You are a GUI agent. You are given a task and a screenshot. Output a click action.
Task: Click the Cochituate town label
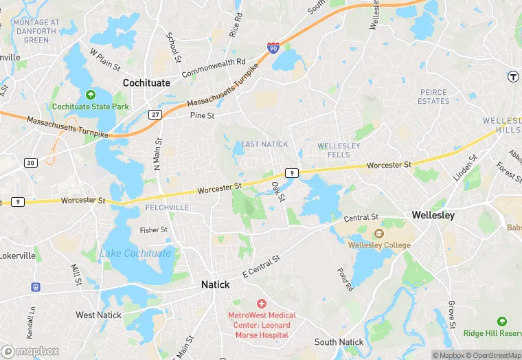point(146,82)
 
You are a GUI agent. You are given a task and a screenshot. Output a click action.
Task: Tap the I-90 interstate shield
point(273,48)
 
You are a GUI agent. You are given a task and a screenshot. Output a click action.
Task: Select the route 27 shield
point(156,114)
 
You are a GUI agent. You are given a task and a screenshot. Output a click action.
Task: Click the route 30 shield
point(31,162)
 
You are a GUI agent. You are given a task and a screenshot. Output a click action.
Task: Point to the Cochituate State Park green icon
point(90,95)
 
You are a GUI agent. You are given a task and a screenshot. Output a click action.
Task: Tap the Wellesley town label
point(433,215)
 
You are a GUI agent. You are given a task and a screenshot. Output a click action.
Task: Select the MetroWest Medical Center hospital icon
point(261,303)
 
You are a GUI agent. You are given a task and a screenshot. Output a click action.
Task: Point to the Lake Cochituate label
point(135,254)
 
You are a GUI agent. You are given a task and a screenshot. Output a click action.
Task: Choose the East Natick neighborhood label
point(264,144)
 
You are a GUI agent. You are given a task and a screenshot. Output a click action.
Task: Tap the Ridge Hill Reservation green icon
point(502,322)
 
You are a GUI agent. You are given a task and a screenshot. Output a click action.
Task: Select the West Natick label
point(99,315)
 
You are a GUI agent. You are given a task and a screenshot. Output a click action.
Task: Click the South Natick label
point(339,342)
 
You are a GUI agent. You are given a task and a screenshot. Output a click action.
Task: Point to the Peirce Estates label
point(433,97)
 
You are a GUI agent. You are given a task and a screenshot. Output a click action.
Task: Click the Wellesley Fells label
point(339,150)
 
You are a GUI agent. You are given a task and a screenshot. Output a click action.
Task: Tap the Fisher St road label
point(153,230)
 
